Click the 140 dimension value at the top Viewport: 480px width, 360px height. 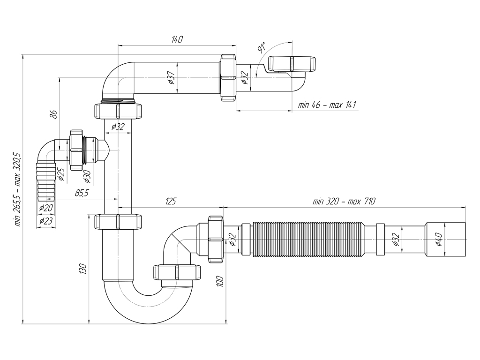(176, 40)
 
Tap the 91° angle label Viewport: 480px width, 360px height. (262, 48)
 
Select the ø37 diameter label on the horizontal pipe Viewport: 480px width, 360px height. (171, 77)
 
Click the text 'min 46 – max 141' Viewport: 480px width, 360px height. (327, 105)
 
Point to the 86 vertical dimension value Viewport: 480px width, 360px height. (54, 114)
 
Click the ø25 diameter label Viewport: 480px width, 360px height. (60, 174)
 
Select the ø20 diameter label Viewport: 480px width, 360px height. (46, 208)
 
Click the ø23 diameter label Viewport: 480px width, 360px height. (46, 221)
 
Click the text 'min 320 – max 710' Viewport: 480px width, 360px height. (344, 201)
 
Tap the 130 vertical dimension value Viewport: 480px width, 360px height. (83, 269)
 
